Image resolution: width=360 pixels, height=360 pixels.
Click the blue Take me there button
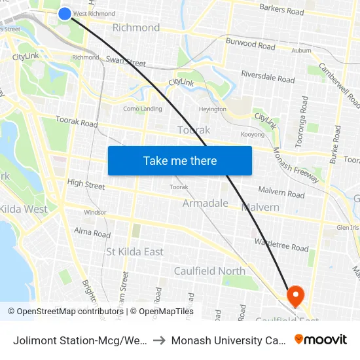[180, 160]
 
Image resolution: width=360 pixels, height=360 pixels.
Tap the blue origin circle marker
[65, 13]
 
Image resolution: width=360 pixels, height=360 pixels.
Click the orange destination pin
[295, 296]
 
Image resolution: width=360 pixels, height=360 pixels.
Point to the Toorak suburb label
[194, 130]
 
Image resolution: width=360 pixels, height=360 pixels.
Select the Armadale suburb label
[206, 203]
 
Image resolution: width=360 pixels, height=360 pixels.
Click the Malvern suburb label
[261, 207]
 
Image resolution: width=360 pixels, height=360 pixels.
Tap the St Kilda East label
[135, 251]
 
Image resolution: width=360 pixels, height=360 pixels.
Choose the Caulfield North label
[209, 271]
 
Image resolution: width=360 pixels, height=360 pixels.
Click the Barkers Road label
[281, 10]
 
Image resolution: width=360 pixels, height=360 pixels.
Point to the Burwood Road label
[251, 46]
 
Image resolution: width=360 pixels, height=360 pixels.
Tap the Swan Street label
[125, 62]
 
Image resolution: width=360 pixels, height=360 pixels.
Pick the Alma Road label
[92, 232]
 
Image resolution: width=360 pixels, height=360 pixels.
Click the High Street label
[86, 185]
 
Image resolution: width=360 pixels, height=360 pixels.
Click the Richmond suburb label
[136, 27]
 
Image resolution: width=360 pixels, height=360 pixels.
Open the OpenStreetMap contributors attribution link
[67, 312]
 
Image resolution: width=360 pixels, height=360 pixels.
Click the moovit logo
[321, 339]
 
